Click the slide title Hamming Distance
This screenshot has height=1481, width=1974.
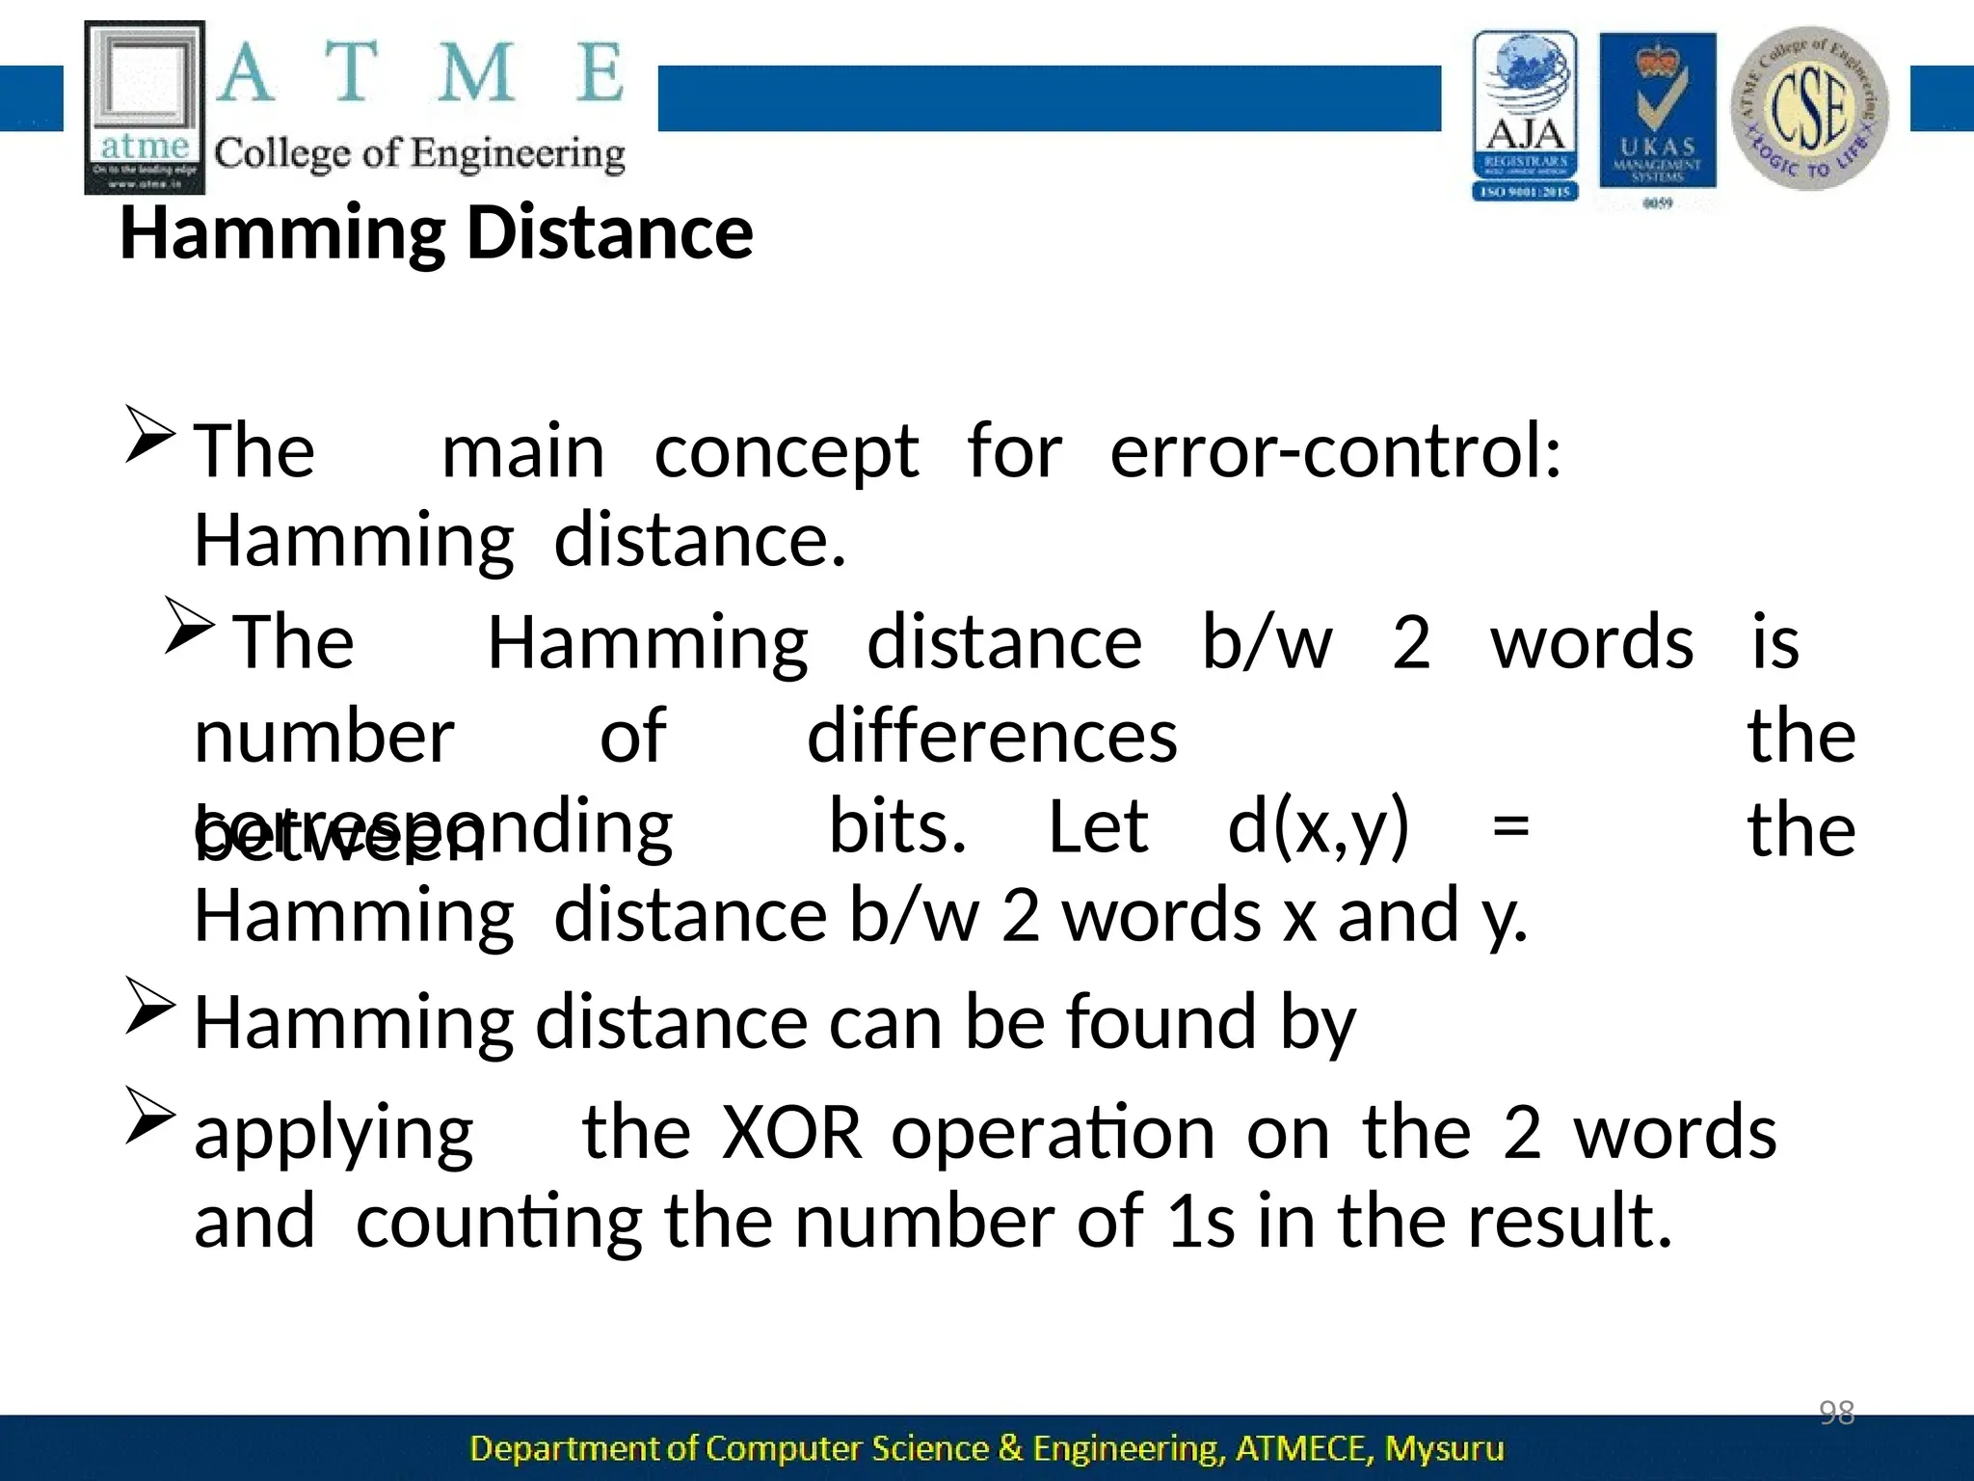436,234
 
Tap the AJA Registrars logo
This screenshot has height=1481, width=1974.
1525,115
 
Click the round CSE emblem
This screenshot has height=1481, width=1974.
1809,108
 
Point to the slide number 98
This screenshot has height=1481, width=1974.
1836,1413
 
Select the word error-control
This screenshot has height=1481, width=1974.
1335,451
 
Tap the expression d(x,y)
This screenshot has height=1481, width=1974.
1318,827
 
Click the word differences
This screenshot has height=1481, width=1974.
992,737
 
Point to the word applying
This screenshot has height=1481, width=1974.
333,1135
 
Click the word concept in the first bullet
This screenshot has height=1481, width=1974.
787,451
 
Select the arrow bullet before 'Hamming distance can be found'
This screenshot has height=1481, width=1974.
150,1006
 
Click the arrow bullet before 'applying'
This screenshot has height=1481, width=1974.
150,1115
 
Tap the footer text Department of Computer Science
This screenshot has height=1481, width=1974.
986,1448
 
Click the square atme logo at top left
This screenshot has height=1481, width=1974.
145,107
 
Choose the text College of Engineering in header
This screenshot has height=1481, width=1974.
419,154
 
